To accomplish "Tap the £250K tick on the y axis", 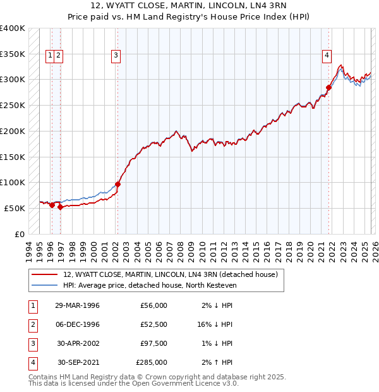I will pyautogui.click(x=13, y=105).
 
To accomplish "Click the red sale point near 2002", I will pyautogui.click(x=117, y=184).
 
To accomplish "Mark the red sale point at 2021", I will pyautogui.click(x=328, y=87).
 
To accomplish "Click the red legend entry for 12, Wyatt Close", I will pyautogui.click(x=171, y=274).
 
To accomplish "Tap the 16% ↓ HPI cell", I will pyautogui.click(x=215, y=324).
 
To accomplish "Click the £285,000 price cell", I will pyautogui.click(x=152, y=362).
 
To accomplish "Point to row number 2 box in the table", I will pyautogui.click(x=32, y=324).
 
